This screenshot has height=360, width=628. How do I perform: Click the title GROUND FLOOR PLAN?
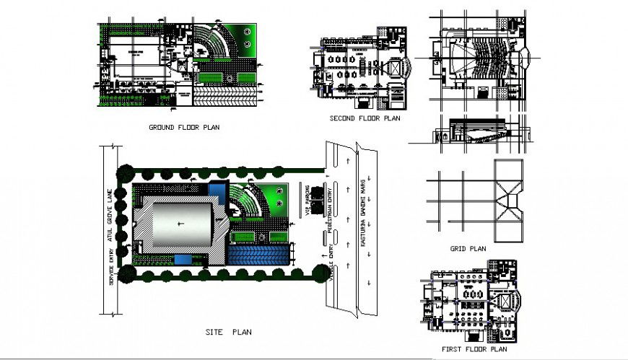184,128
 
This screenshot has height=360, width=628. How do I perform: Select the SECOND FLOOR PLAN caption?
365,118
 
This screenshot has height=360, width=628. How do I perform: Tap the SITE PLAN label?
227,333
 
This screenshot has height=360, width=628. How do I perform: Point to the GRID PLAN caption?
468,250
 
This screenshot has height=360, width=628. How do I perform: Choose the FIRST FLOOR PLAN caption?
474,349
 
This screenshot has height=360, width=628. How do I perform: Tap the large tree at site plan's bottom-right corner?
318,271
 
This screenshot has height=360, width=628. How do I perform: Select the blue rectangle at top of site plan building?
217,190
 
